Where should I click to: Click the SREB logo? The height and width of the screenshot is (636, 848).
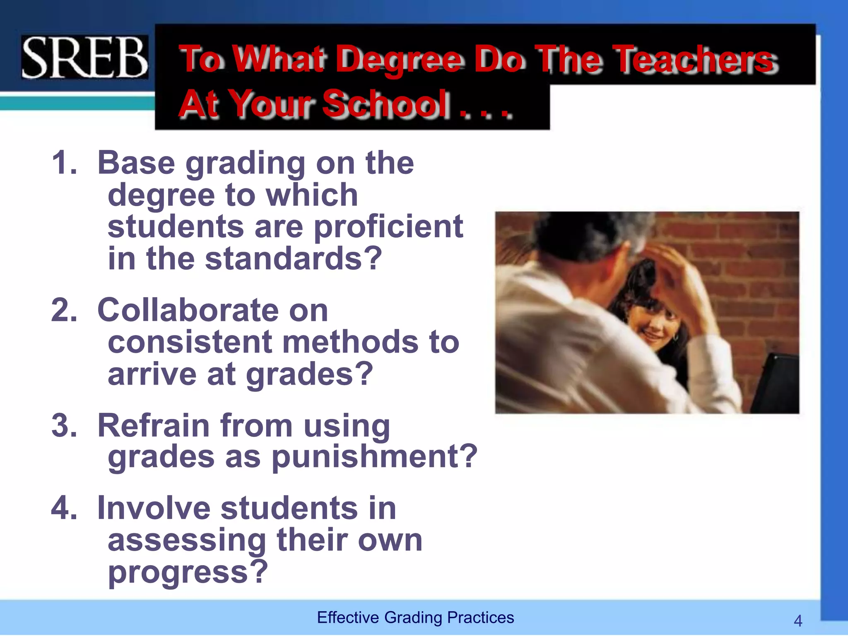point(84,57)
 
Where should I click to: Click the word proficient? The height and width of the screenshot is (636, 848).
point(388,227)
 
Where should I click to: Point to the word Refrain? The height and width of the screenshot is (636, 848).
point(154,425)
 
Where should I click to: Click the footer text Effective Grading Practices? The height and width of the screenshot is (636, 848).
point(415,617)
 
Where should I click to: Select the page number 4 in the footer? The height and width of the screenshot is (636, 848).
point(798,621)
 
